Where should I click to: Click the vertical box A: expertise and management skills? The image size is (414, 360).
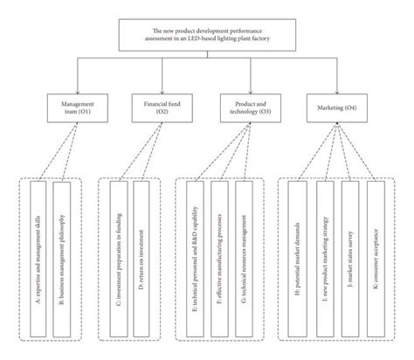tap(38, 258)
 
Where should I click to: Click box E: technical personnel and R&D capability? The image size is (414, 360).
tap(194, 258)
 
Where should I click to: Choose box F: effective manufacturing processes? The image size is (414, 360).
tap(219, 258)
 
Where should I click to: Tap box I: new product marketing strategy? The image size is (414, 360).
tap(325, 258)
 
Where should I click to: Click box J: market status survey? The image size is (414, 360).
tap(350, 258)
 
